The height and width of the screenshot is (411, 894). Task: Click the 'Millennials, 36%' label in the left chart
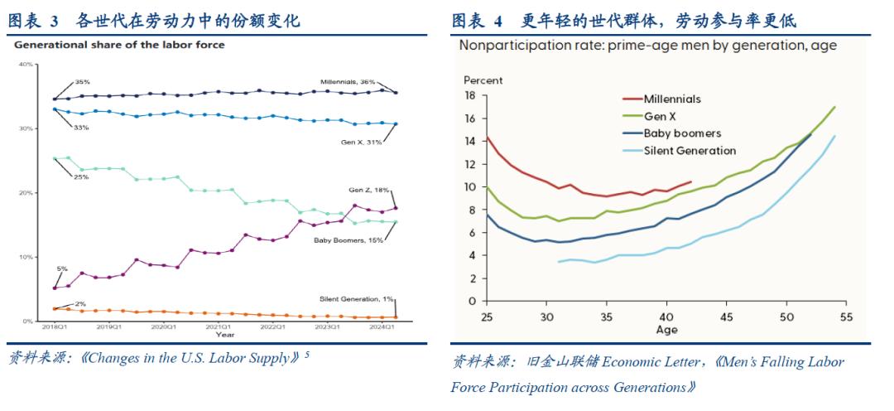click(x=348, y=82)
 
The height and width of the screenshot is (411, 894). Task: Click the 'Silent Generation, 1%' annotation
click(x=356, y=298)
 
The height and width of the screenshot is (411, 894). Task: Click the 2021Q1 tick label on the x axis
click(x=219, y=327)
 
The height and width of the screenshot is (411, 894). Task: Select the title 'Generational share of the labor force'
click(x=119, y=45)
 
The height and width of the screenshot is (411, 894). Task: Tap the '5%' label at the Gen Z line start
click(x=62, y=268)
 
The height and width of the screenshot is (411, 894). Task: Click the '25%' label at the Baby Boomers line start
click(x=80, y=177)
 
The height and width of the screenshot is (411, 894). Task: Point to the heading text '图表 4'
click(x=477, y=21)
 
